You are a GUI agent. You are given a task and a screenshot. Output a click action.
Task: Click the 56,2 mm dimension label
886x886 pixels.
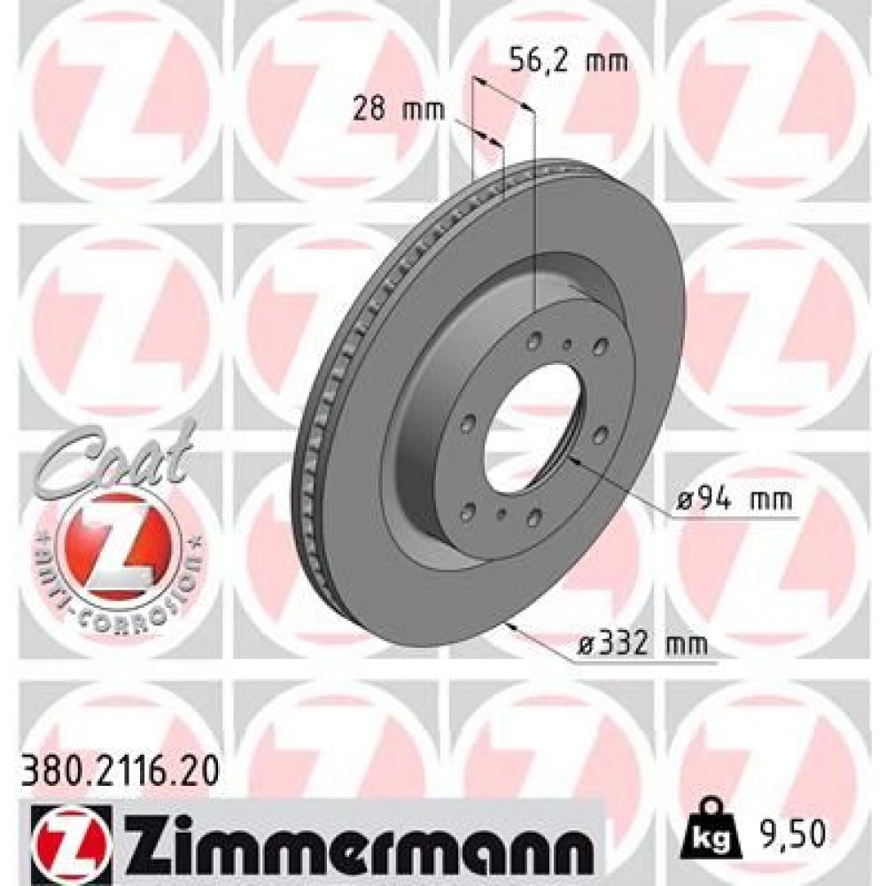[x=569, y=60]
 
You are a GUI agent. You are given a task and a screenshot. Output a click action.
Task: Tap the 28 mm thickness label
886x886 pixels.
[x=399, y=110]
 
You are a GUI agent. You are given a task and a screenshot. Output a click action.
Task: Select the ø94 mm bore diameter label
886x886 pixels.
[x=734, y=500]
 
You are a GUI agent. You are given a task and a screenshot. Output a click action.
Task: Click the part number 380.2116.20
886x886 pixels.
[x=119, y=772]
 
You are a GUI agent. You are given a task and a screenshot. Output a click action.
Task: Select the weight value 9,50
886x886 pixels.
[x=791, y=835]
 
